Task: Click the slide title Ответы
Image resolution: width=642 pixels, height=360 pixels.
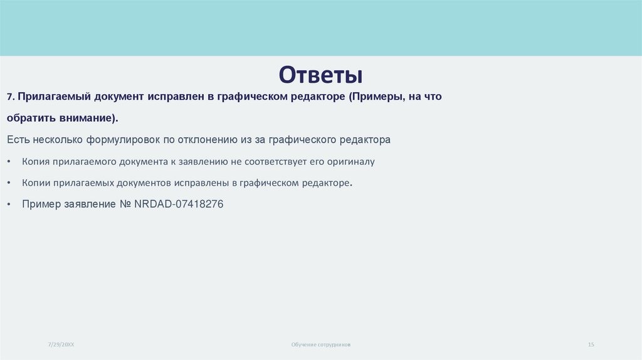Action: click(x=320, y=75)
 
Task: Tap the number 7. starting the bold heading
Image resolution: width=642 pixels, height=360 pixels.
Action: click(x=11, y=97)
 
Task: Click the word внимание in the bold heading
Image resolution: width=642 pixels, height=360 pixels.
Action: click(x=85, y=118)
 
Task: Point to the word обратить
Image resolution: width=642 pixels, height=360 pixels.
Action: click(x=29, y=118)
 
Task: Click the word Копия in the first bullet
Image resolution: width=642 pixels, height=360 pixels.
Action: click(x=35, y=162)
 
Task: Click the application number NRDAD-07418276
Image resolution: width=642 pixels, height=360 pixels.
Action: click(x=179, y=204)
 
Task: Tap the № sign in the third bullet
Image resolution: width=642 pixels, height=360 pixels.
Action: click(x=125, y=204)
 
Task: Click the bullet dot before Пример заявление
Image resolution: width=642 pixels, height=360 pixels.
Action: click(x=9, y=204)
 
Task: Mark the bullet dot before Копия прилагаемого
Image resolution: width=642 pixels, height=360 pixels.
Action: click(x=9, y=162)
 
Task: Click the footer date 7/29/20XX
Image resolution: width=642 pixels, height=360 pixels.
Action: click(x=61, y=344)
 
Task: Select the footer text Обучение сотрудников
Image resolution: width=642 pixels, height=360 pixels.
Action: click(x=321, y=344)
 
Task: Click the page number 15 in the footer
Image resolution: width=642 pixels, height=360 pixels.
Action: click(x=591, y=344)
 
